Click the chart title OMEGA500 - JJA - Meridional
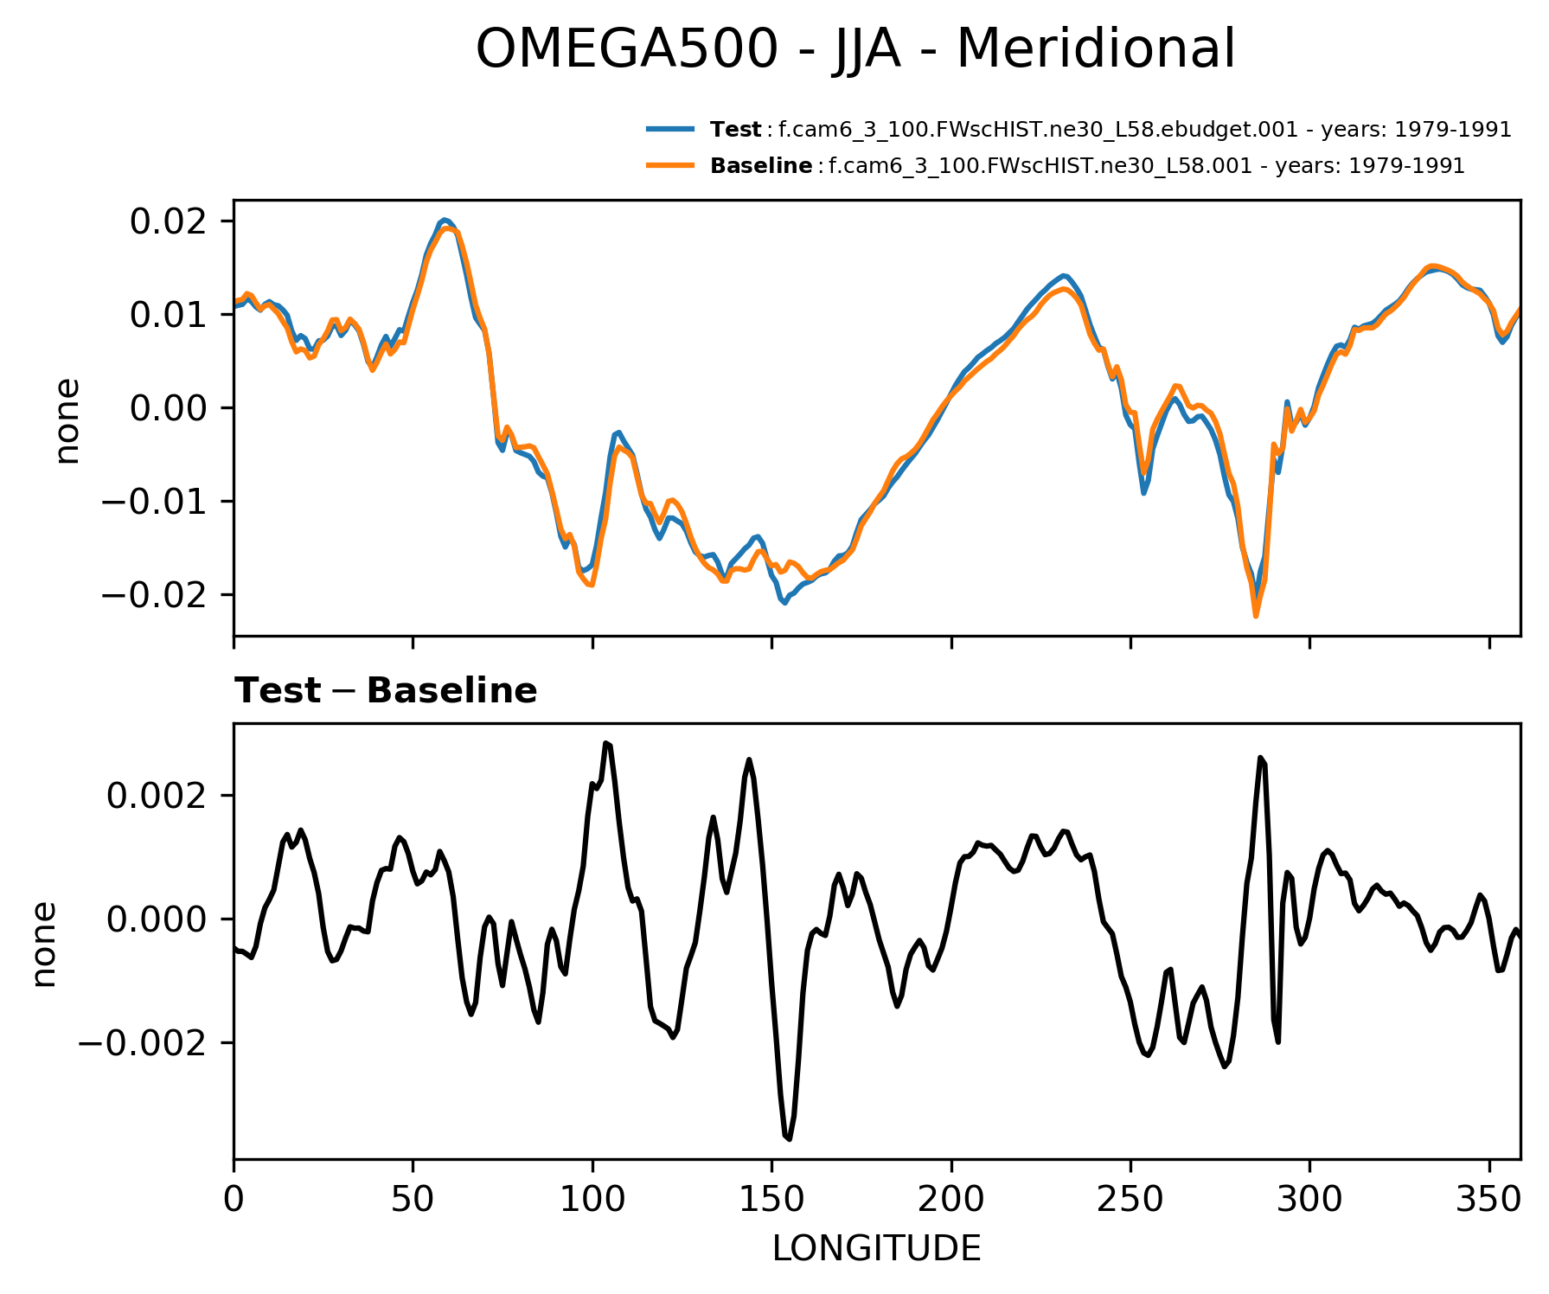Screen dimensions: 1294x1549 (855, 49)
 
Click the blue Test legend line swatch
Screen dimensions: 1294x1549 (670, 130)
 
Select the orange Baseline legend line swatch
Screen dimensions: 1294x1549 (670, 165)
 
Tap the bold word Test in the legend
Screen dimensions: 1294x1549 (735, 130)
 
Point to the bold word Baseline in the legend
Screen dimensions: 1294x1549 (761, 165)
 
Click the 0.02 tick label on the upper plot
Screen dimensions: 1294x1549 (169, 222)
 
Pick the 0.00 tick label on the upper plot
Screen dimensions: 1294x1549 (169, 408)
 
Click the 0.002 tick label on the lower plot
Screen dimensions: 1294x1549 (157, 796)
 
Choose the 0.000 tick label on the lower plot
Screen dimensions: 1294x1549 (157, 919)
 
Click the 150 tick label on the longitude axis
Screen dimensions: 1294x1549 (771, 1199)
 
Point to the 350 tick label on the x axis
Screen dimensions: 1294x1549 (1488, 1199)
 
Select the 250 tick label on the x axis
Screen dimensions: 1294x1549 (1130, 1199)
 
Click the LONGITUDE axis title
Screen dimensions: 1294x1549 (876, 1249)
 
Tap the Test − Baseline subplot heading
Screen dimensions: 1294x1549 (386, 691)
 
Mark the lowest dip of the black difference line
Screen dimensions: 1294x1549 (789, 1139)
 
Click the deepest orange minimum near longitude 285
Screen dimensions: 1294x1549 (1256, 616)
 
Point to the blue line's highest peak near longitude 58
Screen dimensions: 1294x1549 (444, 220)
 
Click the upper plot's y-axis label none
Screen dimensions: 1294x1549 (67, 420)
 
